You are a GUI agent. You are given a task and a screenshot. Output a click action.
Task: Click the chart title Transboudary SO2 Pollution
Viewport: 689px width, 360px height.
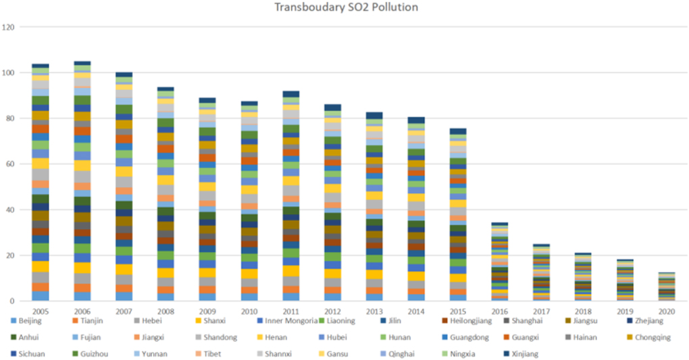[346, 7]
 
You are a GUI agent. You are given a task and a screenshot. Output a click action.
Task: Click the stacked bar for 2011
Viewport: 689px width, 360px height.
[290, 196]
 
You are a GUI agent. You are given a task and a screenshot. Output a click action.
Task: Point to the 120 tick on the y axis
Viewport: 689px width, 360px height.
[9, 27]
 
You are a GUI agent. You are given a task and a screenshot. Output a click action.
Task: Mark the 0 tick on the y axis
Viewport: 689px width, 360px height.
[13, 301]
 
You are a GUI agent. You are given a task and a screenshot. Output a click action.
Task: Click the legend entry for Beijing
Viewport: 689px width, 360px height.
[28, 321]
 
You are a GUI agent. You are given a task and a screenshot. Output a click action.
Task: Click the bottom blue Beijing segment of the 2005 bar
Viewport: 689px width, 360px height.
[41, 296]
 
